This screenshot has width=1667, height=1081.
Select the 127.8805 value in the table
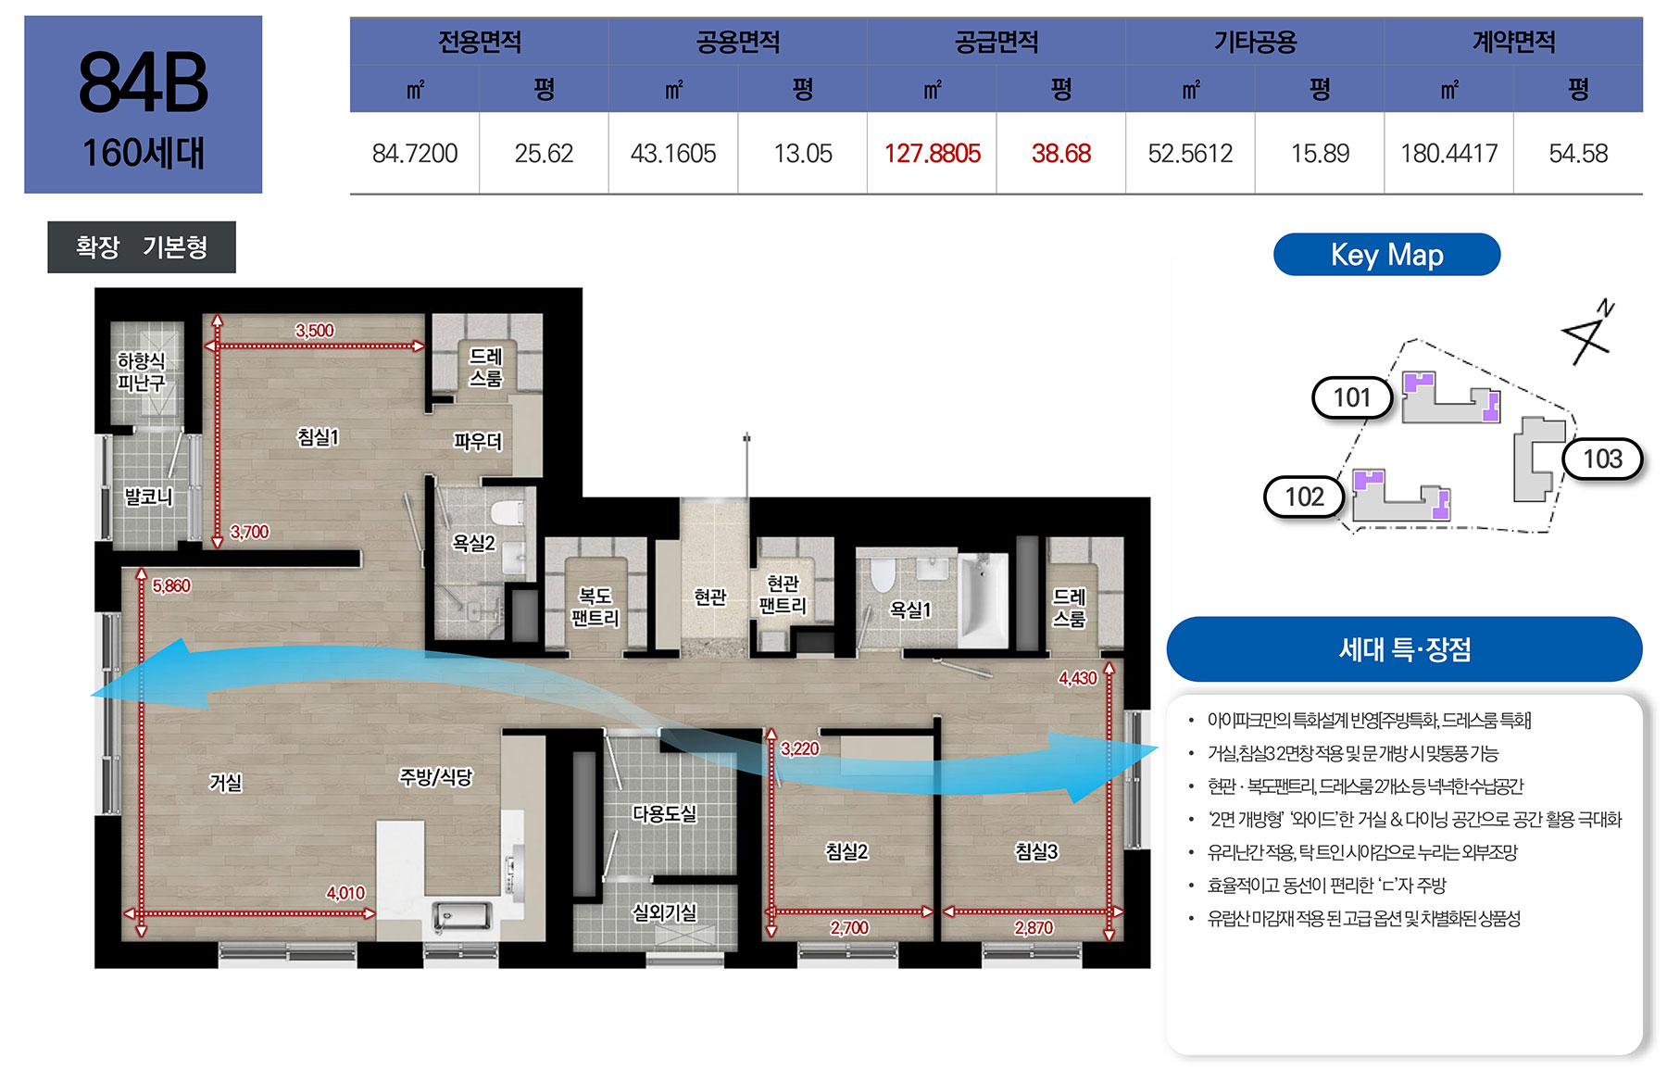(x=932, y=154)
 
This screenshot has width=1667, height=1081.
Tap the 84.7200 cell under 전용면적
(x=415, y=154)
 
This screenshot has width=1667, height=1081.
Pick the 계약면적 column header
(x=1513, y=42)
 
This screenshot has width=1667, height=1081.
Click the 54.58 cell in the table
(x=1578, y=154)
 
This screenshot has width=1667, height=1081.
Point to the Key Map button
(x=1386, y=255)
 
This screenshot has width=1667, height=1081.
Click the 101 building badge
(x=1352, y=398)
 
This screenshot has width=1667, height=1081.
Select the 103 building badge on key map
(x=1602, y=459)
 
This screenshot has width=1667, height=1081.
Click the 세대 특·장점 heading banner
(x=1404, y=649)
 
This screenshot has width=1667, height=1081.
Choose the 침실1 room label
(x=318, y=436)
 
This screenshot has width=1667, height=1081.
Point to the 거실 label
(x=225, y=783)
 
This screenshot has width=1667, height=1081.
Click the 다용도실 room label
(x=664, y=813)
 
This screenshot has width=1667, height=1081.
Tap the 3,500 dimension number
(x=315, y=331)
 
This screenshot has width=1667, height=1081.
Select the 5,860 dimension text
(x=171, y=585)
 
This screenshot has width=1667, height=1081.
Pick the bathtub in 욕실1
(x=983, y=599)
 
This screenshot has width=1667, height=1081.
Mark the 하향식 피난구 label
(x=141, y=371)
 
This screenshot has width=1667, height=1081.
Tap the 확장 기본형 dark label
(x=142, y=247)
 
